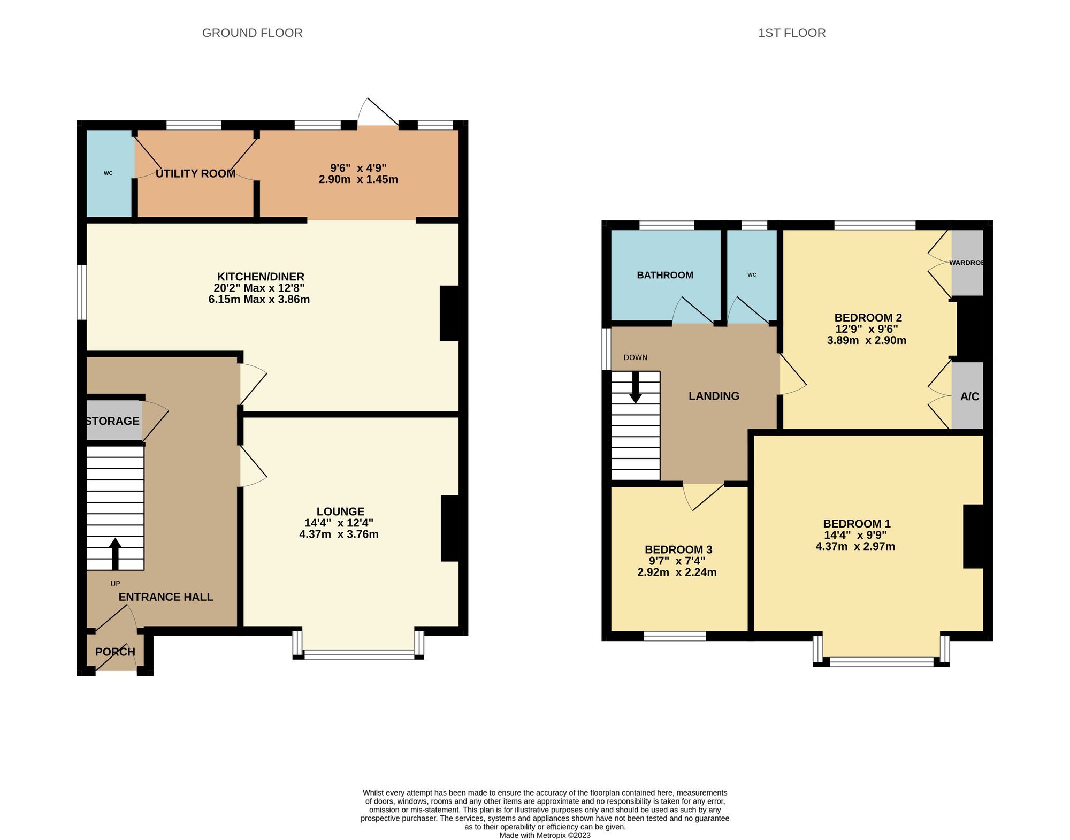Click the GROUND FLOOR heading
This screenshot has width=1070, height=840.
(252, 33)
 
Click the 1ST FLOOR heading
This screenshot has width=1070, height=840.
(791, 33)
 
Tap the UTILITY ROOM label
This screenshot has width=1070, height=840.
(195, 173)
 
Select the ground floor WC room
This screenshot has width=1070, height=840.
(109, 173)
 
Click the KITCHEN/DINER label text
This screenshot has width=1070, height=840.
(260, 277)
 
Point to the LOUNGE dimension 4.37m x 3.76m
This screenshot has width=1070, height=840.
(339, 534)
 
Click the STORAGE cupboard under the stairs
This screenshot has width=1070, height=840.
(112, 421)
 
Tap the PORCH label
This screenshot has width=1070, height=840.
(115, 652)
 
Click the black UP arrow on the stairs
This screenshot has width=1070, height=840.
(115, 553)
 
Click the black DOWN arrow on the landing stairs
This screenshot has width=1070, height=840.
(635, 387)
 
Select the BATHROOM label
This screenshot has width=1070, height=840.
(664, 275)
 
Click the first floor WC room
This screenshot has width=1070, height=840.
(752, 275)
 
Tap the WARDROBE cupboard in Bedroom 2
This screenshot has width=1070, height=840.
(967, 263)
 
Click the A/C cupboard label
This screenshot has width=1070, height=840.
(969, 396)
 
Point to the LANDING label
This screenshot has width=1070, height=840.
(714, 396)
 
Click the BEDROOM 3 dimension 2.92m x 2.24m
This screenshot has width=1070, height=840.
(677, 572)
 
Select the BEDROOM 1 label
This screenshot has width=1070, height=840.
(856, 524)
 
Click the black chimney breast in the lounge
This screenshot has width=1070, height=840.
(450, 529)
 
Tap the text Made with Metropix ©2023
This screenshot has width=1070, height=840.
(545, 835)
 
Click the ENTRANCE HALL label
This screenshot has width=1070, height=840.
(166, 597)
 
